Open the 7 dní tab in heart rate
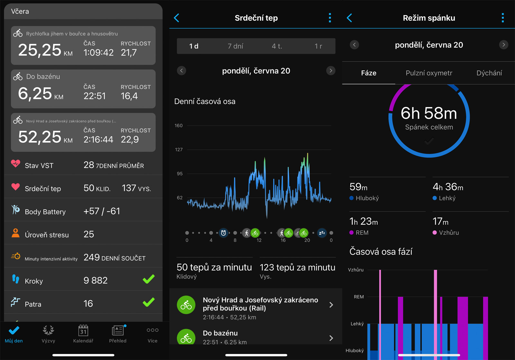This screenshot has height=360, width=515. [x=235, y=46]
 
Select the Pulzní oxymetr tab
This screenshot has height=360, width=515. [x=429, y=73]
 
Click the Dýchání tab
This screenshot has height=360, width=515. [x=489, y=73]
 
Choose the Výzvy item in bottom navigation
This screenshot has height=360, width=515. [x=48, y=334]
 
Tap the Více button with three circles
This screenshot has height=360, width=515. [x=152, y=334]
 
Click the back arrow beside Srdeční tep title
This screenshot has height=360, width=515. [x=176, y=18]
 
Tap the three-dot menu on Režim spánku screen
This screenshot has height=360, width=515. [x=502, y=18]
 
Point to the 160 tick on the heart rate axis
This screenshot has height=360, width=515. [x=179, y=126]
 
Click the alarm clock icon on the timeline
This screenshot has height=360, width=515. [x=223, y=233]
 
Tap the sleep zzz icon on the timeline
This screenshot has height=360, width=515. [x=322, y=233]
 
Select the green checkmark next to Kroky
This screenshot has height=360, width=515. [x=149, y=279]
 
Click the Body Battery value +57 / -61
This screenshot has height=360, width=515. [x=102, y=211]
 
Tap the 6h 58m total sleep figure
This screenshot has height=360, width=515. [x=429, y=113]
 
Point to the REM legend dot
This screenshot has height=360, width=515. [x=351, y=232]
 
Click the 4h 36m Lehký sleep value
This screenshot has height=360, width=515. [x=448, y=187]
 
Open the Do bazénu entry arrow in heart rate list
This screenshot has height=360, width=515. [x=331, y=338]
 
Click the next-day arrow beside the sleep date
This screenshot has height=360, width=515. [x=503, y=45]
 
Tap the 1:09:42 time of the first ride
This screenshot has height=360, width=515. [x=98, y=52]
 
